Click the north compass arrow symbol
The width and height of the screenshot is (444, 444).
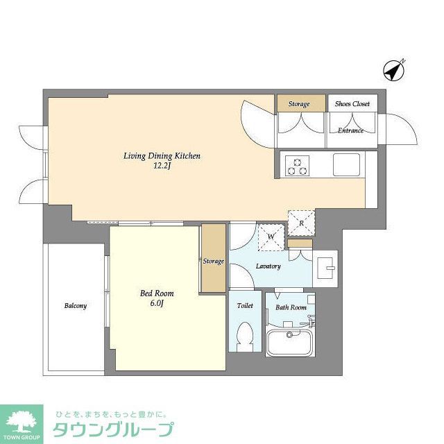pos(394,69)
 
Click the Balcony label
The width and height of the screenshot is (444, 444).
pos(76,305)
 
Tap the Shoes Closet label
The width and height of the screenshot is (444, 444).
pos(352,104)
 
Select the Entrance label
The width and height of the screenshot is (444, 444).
pos(350,130)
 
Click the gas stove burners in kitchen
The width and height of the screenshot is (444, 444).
pos(298,165)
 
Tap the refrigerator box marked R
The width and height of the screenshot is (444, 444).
pos(301,222)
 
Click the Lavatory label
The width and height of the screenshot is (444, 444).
pos(268,266)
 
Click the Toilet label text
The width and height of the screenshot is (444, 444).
pos(245,305)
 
